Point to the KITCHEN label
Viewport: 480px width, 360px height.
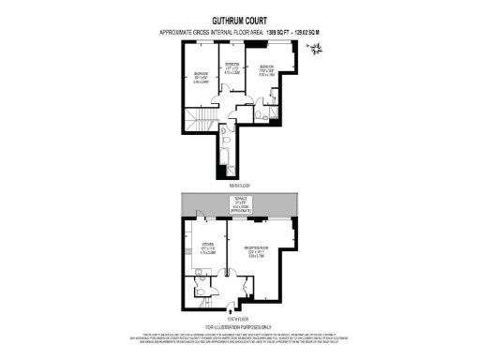point(209,249)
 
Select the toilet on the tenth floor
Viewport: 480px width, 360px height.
point(203,293)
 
